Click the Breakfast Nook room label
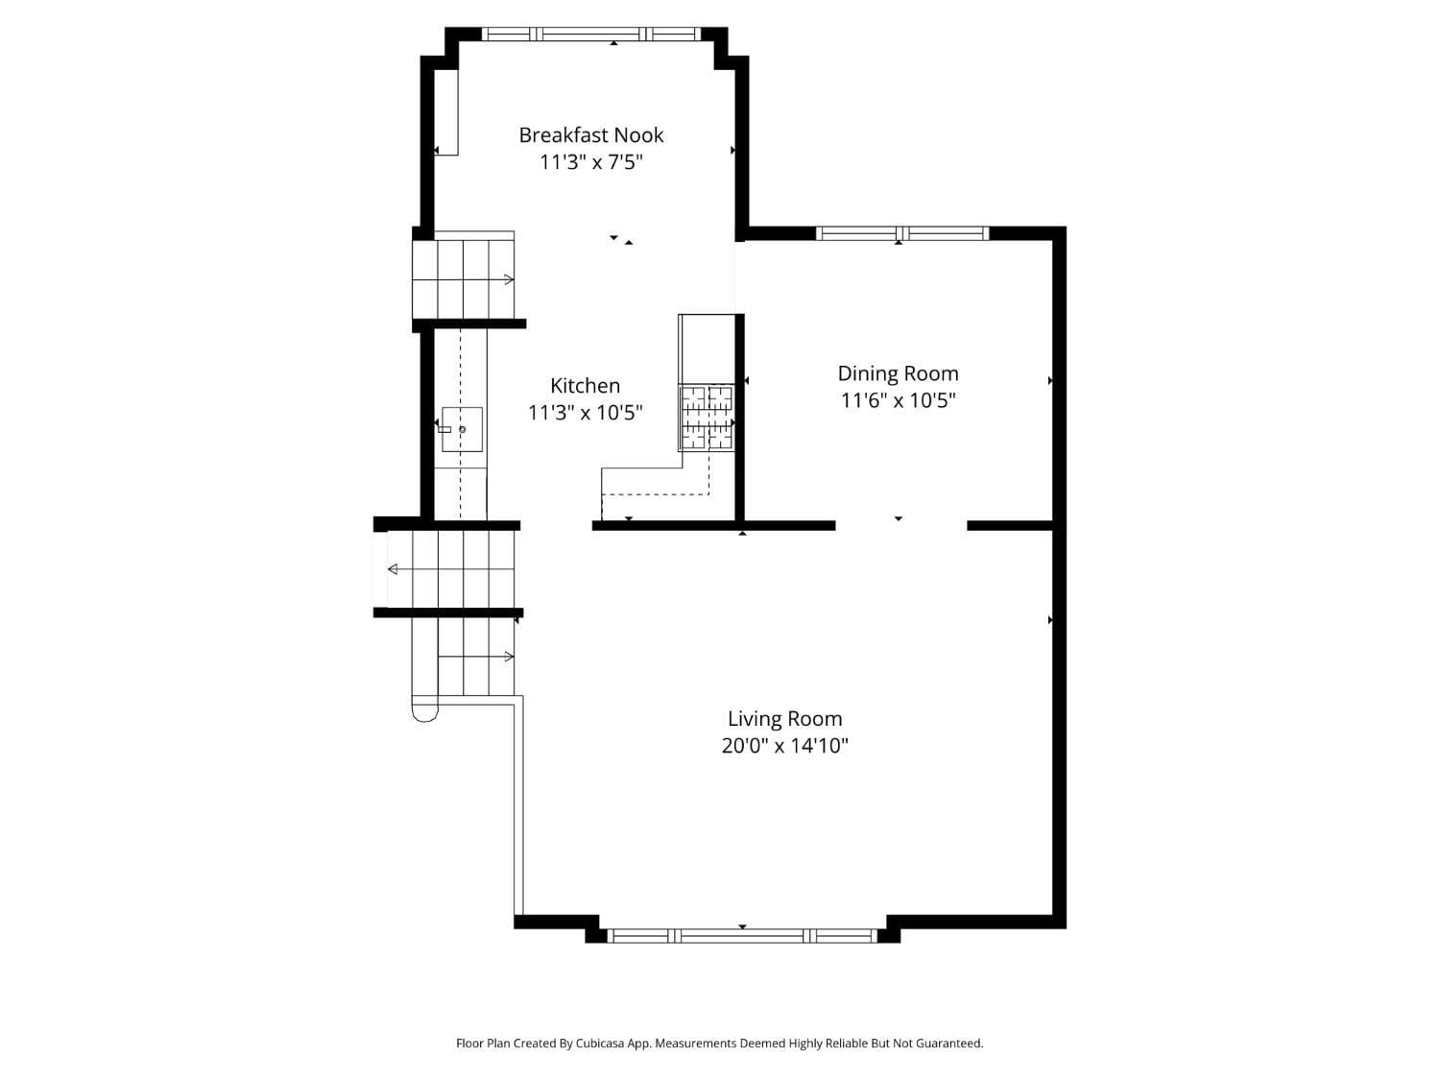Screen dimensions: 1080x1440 click(590, 135)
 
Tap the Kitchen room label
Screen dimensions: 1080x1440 click(585, 386)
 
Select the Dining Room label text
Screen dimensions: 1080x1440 click(898, 373)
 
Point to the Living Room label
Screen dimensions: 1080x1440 click(784, 719)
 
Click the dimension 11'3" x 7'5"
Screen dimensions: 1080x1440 click(590, 162)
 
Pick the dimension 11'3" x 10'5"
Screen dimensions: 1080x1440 click(585, 413)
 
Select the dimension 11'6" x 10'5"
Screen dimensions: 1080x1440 click(898, 400)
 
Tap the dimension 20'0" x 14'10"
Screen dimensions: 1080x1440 click(784, 746)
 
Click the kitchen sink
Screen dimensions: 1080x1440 click(462, 429)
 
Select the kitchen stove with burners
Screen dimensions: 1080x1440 click(707, 418)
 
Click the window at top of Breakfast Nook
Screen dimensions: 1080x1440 click(590, 35)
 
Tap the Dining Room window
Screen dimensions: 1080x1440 click(901, 233)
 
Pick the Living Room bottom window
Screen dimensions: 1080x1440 click(743, 936)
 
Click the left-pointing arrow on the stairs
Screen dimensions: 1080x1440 click(393, 569)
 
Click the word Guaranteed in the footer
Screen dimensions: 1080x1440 click(948, 1044)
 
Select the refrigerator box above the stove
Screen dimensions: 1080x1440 click(707, 348)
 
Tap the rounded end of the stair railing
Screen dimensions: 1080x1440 click(424, 711)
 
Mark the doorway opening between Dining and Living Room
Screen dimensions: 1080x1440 click(900, 526)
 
